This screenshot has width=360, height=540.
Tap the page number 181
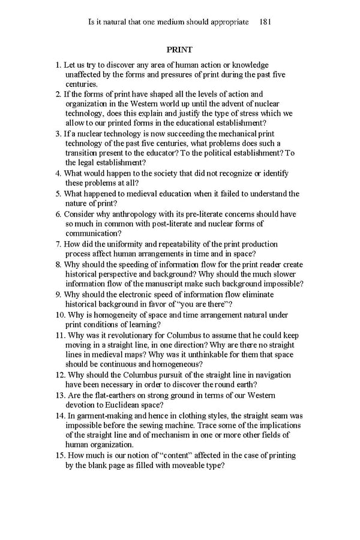pos(266,22)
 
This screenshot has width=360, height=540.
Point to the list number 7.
pos(59,244)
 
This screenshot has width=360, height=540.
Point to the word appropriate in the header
pos(226,22)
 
